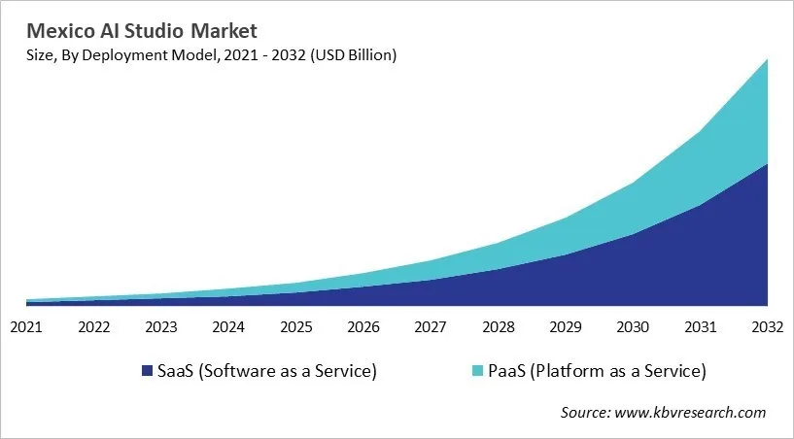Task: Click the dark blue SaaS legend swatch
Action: click(147, 371)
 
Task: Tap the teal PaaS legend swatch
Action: click(476, 371)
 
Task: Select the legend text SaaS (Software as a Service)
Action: click(266, 371)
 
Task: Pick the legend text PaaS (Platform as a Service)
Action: click(597, 371)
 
